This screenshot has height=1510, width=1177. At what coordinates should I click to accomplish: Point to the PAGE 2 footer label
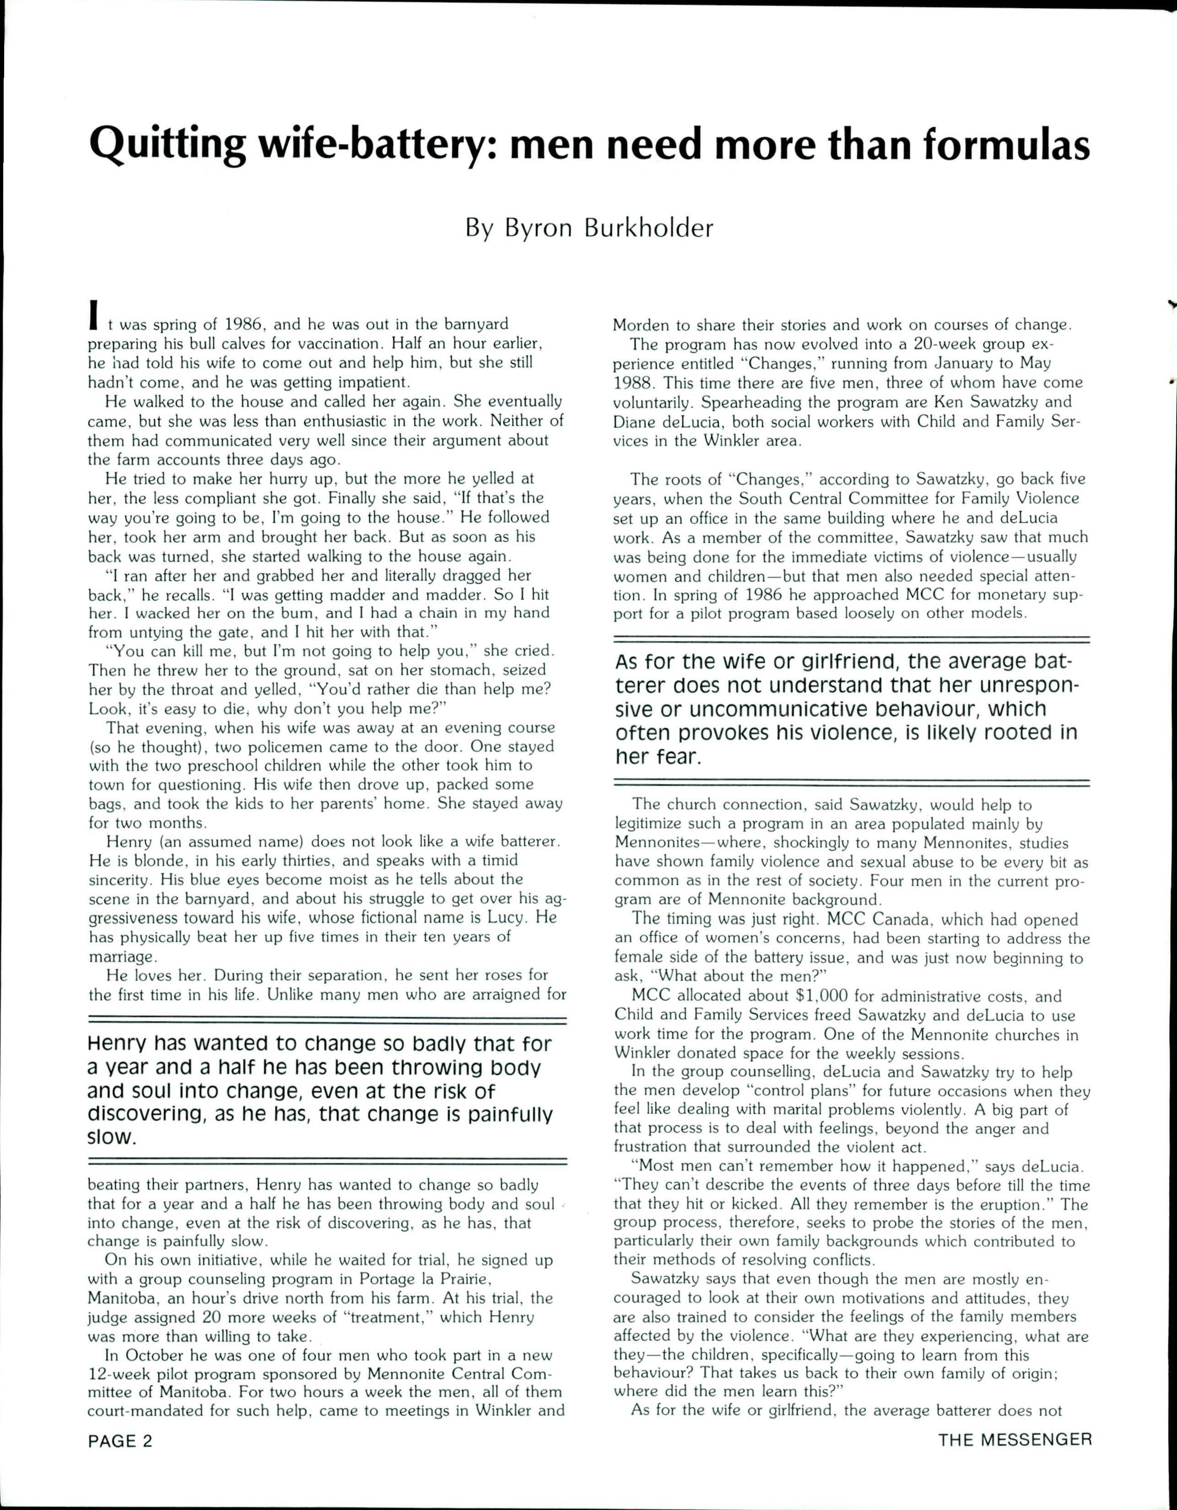tap(119, 1440)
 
